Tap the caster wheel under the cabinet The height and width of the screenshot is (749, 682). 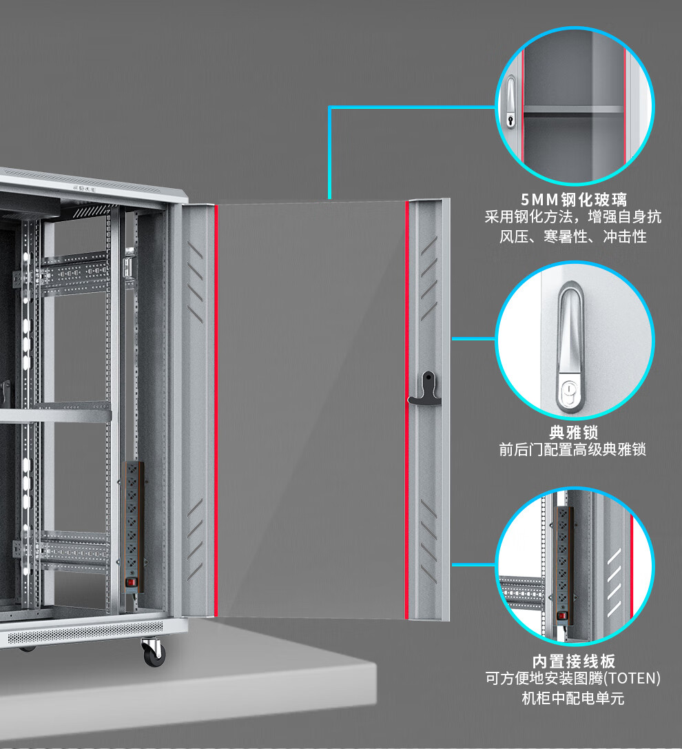point(154,652)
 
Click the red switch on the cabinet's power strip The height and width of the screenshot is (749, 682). point(132,582)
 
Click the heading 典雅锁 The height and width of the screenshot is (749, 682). point(573,433)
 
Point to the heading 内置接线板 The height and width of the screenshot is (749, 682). point(573,661)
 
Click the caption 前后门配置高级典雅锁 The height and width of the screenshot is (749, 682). point(573,450)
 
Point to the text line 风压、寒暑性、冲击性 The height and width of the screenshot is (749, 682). point(573,237)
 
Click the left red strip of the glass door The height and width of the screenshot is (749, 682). point(216,410)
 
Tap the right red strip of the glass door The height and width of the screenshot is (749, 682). point(406,410)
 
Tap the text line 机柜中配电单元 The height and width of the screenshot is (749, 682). point(573,698)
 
